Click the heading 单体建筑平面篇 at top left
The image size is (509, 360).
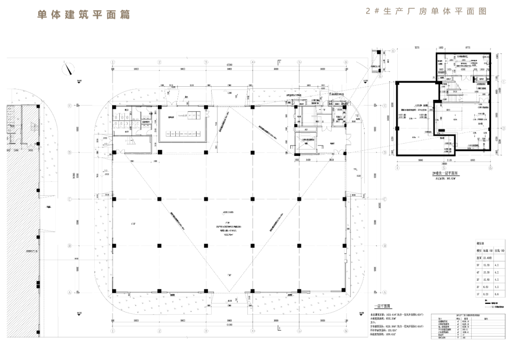pyautogui.click(x=83, y=15)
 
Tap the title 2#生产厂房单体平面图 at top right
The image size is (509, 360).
pyautogui.click(x=426, y=11)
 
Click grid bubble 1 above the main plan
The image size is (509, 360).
pyautogui.click(x=113, y=62)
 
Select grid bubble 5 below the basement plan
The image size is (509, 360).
pyautogui.click(x=444, y=167)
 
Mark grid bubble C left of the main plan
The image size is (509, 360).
pyautogui.click(x=69, y=199)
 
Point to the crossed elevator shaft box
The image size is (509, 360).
pyautogui.click(x=306, y=141)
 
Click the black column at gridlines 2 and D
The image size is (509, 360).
pyautogui.click(x=160, y=152)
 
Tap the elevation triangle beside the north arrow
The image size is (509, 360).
pyautogui.click(x=79, y=82)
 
